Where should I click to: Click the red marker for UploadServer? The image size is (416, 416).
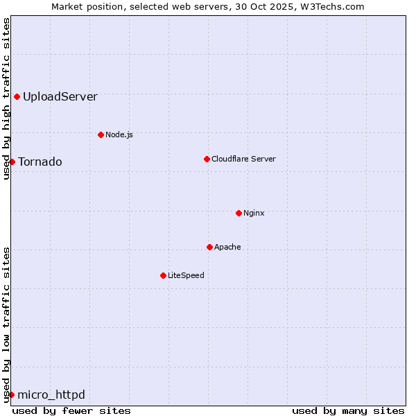(x=17, y=96)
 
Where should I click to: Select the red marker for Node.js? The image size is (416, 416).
(x=101, y=135)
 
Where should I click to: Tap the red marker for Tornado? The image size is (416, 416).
(x=12, y=162)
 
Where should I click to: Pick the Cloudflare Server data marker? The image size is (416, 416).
(x=207, y=159)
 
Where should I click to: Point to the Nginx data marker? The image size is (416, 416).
(x=239, y=213)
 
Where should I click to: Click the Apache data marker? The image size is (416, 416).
(x=209, y=247)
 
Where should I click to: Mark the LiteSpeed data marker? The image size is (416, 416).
(x=163, y=275)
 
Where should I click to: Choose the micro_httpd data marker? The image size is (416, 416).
(x=11, y=395)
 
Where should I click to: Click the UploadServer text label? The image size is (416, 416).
(x=60, y=97)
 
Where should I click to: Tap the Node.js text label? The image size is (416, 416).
(x=119, y=135)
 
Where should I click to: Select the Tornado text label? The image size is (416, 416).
(x=40, y=162)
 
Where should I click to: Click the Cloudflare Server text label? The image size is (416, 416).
(x=243, y=159)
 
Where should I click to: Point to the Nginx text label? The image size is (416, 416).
(x=254, y=213)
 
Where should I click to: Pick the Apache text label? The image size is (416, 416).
(x=227, y=247)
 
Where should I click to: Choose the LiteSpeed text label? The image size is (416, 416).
(x=186, y=275)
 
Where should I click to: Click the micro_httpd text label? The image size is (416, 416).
(x=51, y=395)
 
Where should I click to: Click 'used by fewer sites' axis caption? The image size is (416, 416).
(x=71, y=410)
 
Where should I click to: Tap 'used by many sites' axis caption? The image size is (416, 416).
(x=348, y=410)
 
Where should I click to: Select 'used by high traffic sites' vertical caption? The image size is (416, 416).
(x=6, y=98)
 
